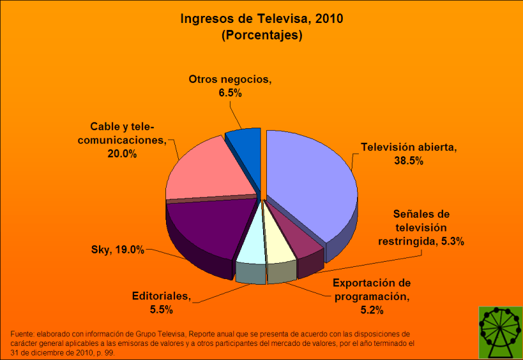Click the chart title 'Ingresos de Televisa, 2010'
(261, 19)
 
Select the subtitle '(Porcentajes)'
(261, 36)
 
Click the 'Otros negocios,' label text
(230, 80)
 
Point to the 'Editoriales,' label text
(161, 296)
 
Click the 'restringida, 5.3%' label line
(421, 241)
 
